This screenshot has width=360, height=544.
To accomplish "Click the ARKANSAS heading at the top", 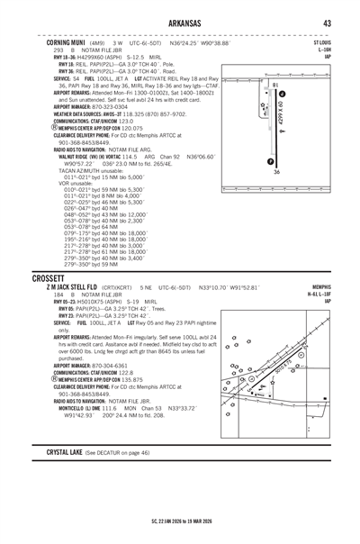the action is pyautogui.click(x=180, y=23).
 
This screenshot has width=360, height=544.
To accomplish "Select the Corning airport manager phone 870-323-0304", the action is pyautogui.click(x=87, y=105).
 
